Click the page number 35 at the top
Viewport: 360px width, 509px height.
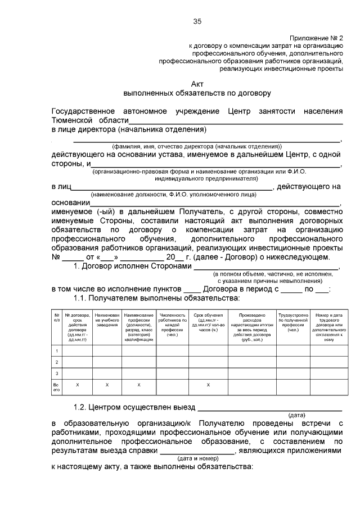pyautogui.click(x=197, y=21)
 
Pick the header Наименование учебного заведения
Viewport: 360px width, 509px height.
pyautogui.click(x=106, y=319)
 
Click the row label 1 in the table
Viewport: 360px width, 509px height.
pyautogui.click(x=56, y=352)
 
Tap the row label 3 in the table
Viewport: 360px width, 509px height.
pyautogui.click(x=56, y=373)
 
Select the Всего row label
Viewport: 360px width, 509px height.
pyautogui.click(x=56, y=387)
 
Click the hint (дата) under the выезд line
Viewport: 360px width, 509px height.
pyautogui.click(x=297, y=415)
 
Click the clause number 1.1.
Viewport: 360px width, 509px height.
pyautogui.click(x=82, y=298)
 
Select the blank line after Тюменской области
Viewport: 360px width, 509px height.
pyautogui.click(x=236, y=120)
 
